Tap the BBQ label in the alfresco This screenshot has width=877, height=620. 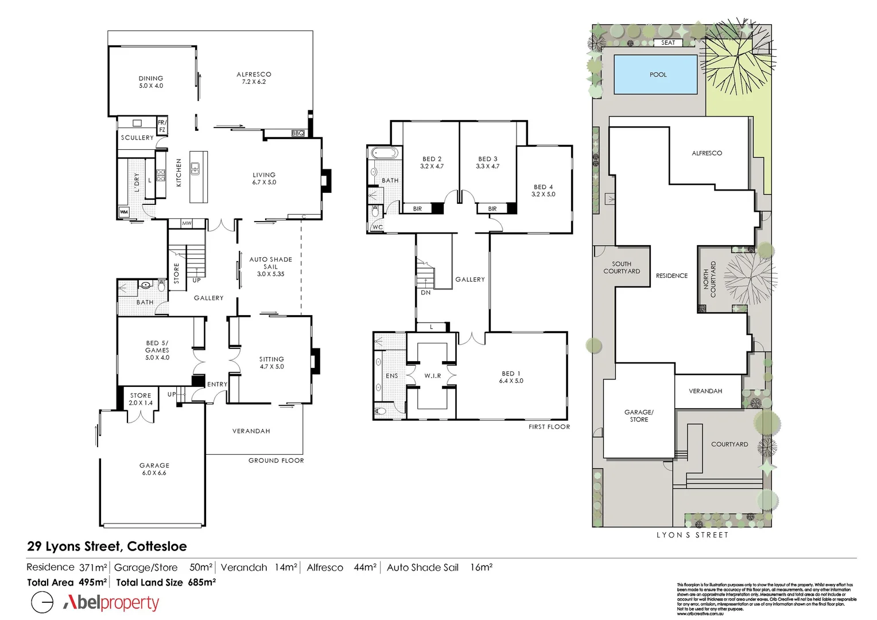[x=298, y=133]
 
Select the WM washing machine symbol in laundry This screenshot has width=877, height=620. [x=124, y=212]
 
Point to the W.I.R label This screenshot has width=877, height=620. [x=432, y=376]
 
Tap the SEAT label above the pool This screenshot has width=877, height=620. [x=668, y=43]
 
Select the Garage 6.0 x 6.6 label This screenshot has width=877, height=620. [x=154, y=469]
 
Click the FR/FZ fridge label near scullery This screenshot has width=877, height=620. [x=162, y=126]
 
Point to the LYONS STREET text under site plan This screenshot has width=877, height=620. [x=692, y=535]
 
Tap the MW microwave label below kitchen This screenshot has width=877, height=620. [x=187, y=223]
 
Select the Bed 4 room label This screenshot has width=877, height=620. [x=544, y=191]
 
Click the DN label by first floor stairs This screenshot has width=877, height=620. [x=425, y=292]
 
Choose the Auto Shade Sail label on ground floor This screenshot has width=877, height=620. [x=270, y=266]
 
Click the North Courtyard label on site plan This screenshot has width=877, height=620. [x=709, y=279]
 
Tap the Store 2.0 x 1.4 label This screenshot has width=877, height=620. [x=141, y=399]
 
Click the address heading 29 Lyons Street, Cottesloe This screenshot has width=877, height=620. [x=107, y=547]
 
